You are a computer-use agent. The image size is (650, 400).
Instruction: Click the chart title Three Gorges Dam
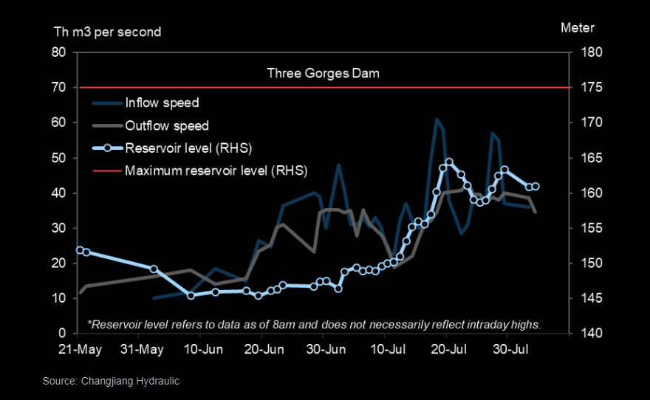click(323, 73)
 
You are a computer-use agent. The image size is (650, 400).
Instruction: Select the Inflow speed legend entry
click(162, 103)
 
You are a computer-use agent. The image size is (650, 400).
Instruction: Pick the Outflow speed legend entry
click(166, 125)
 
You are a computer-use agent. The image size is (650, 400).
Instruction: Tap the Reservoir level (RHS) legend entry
click(188, 148)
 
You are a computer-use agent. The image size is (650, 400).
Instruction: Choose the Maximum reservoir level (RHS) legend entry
click(216, 171)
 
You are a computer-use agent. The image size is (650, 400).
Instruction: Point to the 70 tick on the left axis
click(59, 88)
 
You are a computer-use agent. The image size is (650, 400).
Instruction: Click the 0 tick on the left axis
click(63, 334)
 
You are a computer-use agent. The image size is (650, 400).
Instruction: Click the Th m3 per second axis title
click(107, 32)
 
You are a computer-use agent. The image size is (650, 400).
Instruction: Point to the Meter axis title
click(578, 28)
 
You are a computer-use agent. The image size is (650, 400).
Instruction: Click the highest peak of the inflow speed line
click(437, 119)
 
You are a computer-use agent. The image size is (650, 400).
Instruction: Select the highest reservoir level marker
click(449, 162)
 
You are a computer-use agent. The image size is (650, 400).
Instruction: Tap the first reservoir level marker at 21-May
click(80, 250)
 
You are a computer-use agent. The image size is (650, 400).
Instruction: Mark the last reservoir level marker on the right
click(536, 187)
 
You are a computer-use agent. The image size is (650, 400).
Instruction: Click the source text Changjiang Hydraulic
click(111, 381)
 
